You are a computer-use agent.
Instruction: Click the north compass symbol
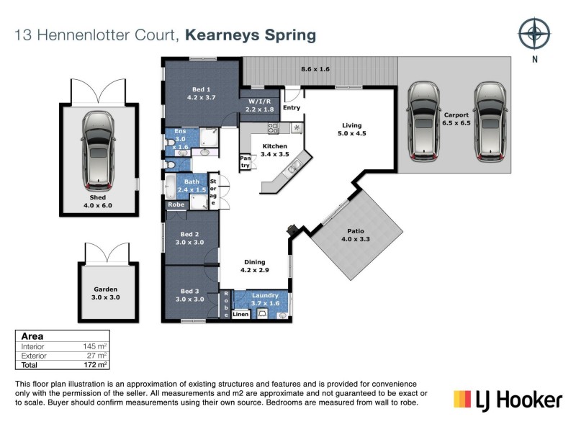534,33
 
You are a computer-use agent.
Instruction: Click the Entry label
292,108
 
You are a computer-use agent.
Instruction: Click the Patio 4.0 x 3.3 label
354,235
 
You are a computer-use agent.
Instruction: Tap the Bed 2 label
191,238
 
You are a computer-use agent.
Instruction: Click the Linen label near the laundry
240,315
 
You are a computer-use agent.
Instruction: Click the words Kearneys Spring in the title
251,35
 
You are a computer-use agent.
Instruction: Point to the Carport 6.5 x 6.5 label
456,119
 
